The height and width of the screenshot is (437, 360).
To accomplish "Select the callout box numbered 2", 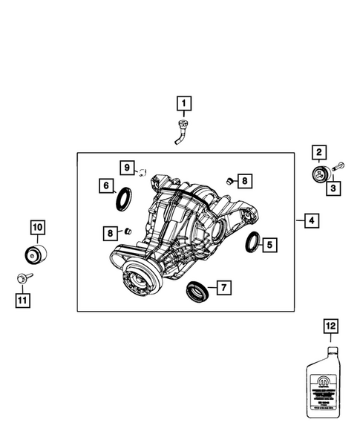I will [318, 154].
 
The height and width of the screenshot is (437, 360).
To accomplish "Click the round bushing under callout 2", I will [319, 177].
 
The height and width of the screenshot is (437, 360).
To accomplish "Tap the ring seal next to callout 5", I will [253, 242].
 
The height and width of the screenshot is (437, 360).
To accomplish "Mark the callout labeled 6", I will [107, 185].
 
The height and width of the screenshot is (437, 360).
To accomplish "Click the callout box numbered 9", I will [127, 166].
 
